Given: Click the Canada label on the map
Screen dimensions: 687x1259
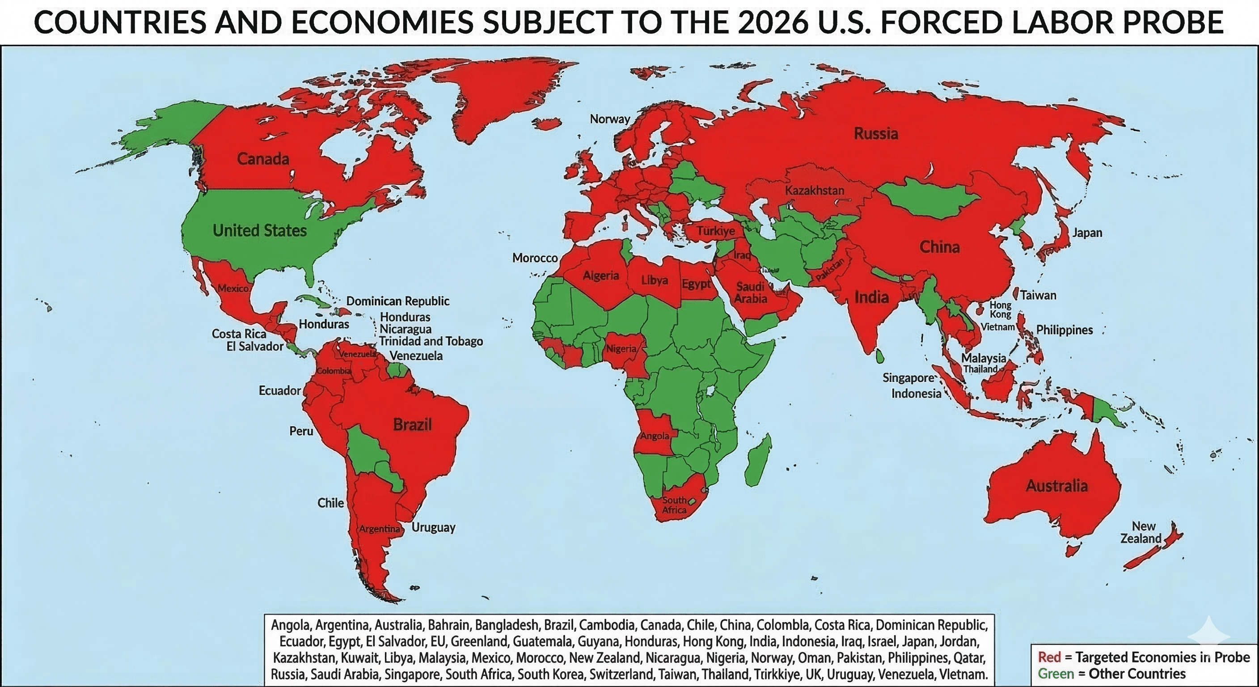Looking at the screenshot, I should click(263, 159).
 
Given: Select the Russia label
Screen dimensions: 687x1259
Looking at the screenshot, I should click(876, 133).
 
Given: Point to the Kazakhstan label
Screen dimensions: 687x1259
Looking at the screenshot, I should click(814, 190).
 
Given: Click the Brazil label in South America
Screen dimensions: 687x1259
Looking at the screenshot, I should click(412, 424).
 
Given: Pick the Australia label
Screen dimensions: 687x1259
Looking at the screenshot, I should click(1056, 486).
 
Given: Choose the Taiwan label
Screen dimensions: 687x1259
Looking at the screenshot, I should click(1038, 295).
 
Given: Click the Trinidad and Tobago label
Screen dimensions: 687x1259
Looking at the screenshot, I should click(431, 341).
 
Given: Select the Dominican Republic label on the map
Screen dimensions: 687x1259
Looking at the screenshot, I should click(397, 301).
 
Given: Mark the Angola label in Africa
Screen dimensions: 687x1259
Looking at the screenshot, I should click(655, 436).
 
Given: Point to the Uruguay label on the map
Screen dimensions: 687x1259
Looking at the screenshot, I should click(433, 527).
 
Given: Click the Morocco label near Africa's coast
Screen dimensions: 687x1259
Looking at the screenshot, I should click(535, 258).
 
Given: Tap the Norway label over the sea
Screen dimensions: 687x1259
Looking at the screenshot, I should click(609, 119).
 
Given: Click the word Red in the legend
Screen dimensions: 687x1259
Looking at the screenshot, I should click(1049, 657).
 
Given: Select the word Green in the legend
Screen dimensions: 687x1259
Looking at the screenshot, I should click(1056, 674).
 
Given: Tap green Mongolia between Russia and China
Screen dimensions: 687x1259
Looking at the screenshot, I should click(929, 198).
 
